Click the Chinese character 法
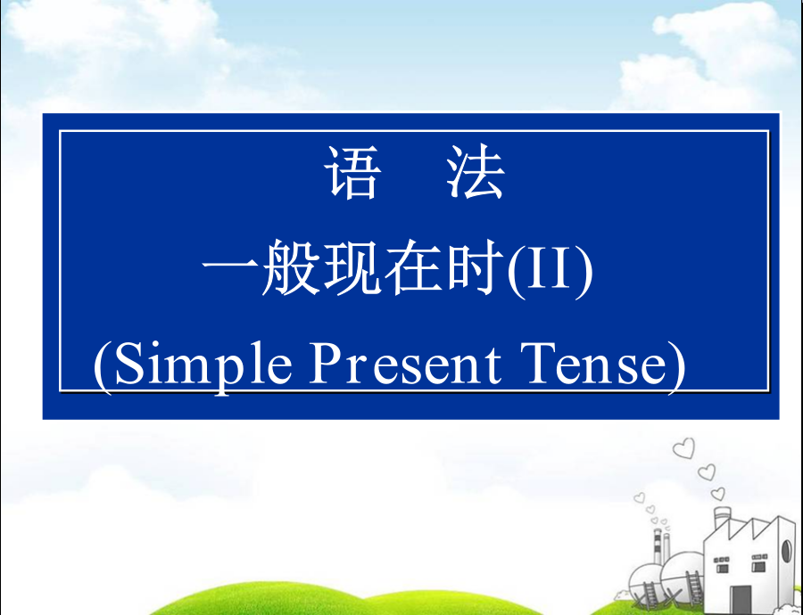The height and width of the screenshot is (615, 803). click(476, 171)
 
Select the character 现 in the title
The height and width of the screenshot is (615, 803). click(352, 267)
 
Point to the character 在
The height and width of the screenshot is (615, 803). click(414, 267)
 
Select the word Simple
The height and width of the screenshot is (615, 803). click(203, 365)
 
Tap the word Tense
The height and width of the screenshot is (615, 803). click(596, 365)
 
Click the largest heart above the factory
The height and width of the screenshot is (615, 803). click(684, 448)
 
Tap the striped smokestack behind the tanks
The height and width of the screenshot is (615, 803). click(658, 546)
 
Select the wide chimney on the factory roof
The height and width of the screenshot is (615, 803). click(722, 520)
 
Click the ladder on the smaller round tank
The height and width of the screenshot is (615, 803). click(650, 595)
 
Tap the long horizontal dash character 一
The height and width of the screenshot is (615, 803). click(230, 266)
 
